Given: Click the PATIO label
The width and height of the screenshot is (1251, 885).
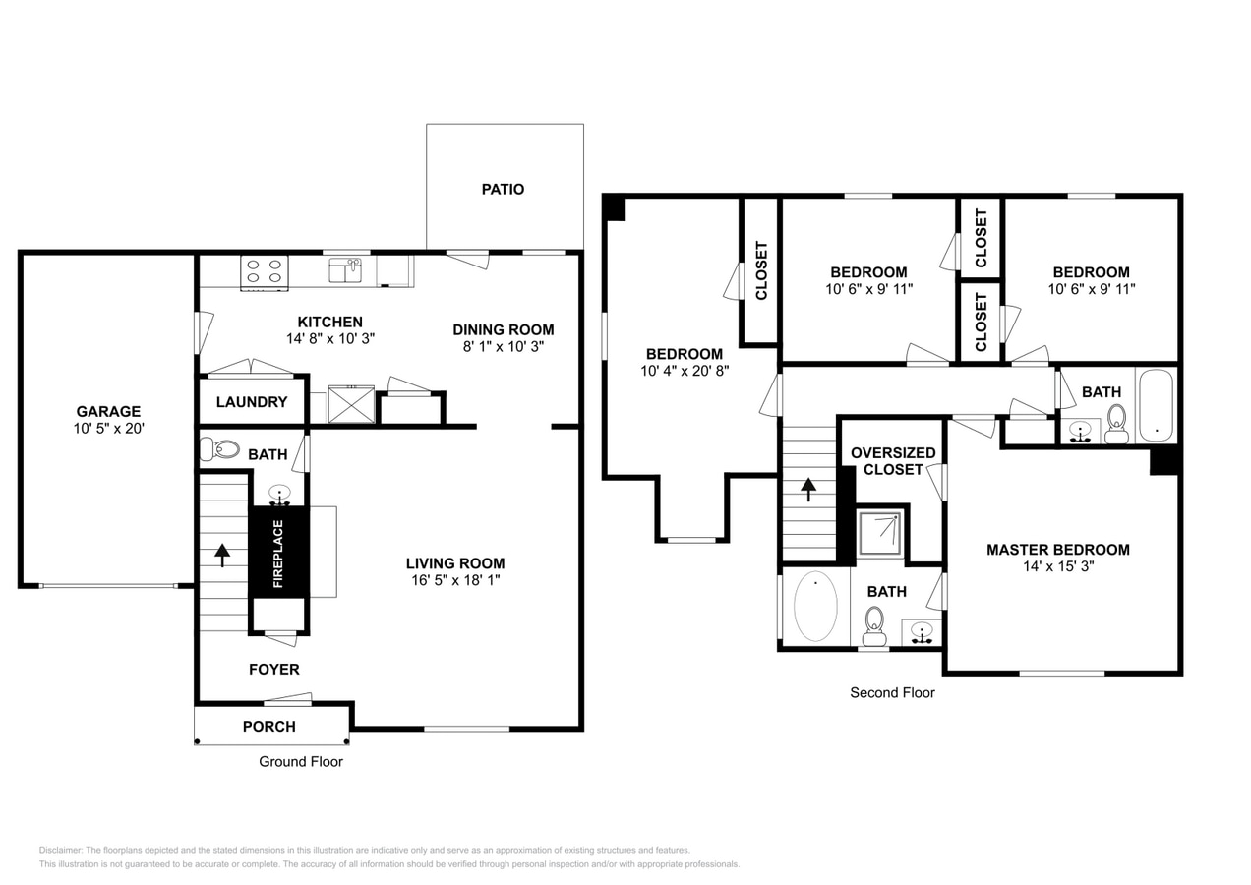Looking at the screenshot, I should click(x=503, y=189).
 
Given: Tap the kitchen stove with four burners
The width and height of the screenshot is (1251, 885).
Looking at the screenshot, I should click(x=265, y=272).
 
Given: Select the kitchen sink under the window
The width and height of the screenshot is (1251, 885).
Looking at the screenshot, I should click(x=345, y=270).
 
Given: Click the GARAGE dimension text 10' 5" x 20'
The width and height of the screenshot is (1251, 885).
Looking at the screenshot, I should click(x=108, y=429).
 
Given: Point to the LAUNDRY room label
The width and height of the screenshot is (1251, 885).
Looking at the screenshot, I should click(x=252, y=402).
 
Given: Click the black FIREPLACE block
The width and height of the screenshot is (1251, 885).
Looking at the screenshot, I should click(x=278, y=552).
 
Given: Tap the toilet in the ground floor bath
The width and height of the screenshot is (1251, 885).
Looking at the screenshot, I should click(x=220, y=449).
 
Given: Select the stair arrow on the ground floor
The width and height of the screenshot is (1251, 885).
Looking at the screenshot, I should click(x=222, y=556).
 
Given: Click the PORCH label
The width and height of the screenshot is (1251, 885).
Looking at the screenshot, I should click(x=268, y=727).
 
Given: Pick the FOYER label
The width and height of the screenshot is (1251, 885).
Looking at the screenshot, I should click(x=273, y=670).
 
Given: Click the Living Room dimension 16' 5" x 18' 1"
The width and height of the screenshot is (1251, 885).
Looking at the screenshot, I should click(x=455, y=580).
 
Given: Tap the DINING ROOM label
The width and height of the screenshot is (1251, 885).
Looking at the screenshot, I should click(x=503, y=329).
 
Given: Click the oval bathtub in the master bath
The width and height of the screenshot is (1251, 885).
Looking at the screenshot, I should click(x=815, y=607).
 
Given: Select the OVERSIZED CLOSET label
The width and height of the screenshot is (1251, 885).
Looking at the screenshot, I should click(x=893, y=461).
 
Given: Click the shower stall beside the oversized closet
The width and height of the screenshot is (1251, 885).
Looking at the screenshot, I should click(x=878, y=532).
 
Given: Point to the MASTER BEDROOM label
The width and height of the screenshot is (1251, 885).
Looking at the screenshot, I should click(x=1057, y=550).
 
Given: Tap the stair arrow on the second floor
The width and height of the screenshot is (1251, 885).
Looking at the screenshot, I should click(x=808, y=489).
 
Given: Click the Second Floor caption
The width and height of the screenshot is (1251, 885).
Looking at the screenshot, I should click(x=892, y=693).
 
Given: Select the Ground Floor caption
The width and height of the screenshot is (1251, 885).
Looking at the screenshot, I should click(x=301, y=761).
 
